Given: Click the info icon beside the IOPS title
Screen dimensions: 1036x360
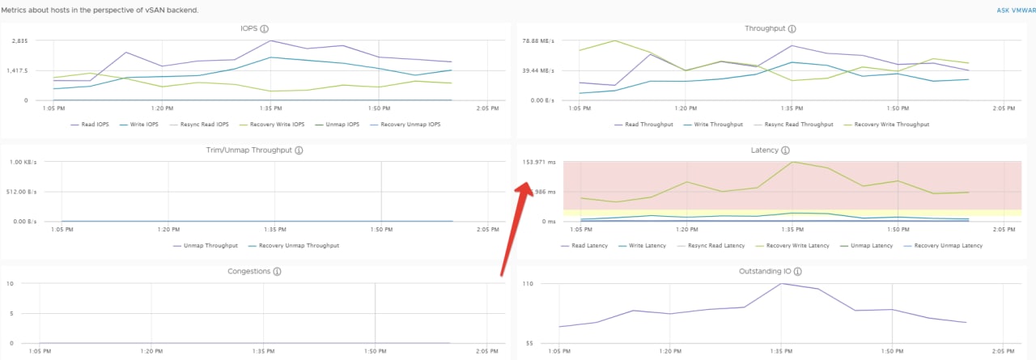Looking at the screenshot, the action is (264, 28).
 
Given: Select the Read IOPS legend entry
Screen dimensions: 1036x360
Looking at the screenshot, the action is (90, 125).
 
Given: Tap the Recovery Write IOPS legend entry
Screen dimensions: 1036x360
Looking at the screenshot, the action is (272, 125).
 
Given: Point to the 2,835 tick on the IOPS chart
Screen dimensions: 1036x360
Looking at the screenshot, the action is (20, 40).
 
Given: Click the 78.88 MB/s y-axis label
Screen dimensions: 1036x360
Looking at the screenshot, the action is (538, 40).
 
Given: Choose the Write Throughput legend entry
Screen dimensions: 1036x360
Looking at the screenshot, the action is (713, 125).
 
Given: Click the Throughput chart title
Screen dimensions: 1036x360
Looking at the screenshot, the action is (765, 28).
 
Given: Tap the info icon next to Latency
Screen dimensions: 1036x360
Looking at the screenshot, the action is (785, 150).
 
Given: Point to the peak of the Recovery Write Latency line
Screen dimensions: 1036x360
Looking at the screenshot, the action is (792, 162).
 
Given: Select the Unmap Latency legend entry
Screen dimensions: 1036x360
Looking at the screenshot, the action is (866, 245).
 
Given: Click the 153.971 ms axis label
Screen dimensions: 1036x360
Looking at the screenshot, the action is (539, 163).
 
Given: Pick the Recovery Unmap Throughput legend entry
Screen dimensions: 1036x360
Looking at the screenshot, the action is (293, 245).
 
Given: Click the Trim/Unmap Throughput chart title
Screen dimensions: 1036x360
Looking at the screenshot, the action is (248, 150).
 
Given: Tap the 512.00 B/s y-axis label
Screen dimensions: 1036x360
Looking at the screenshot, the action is (21, 192).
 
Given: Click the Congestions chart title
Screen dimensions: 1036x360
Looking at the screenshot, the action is (248, 271).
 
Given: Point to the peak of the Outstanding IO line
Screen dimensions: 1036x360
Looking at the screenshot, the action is (781, 283).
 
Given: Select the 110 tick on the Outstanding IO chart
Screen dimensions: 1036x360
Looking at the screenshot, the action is (528, 284).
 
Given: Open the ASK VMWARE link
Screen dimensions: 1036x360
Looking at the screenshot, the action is (1016, 11).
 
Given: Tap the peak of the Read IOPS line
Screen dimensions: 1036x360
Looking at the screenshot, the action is (270, 40).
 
